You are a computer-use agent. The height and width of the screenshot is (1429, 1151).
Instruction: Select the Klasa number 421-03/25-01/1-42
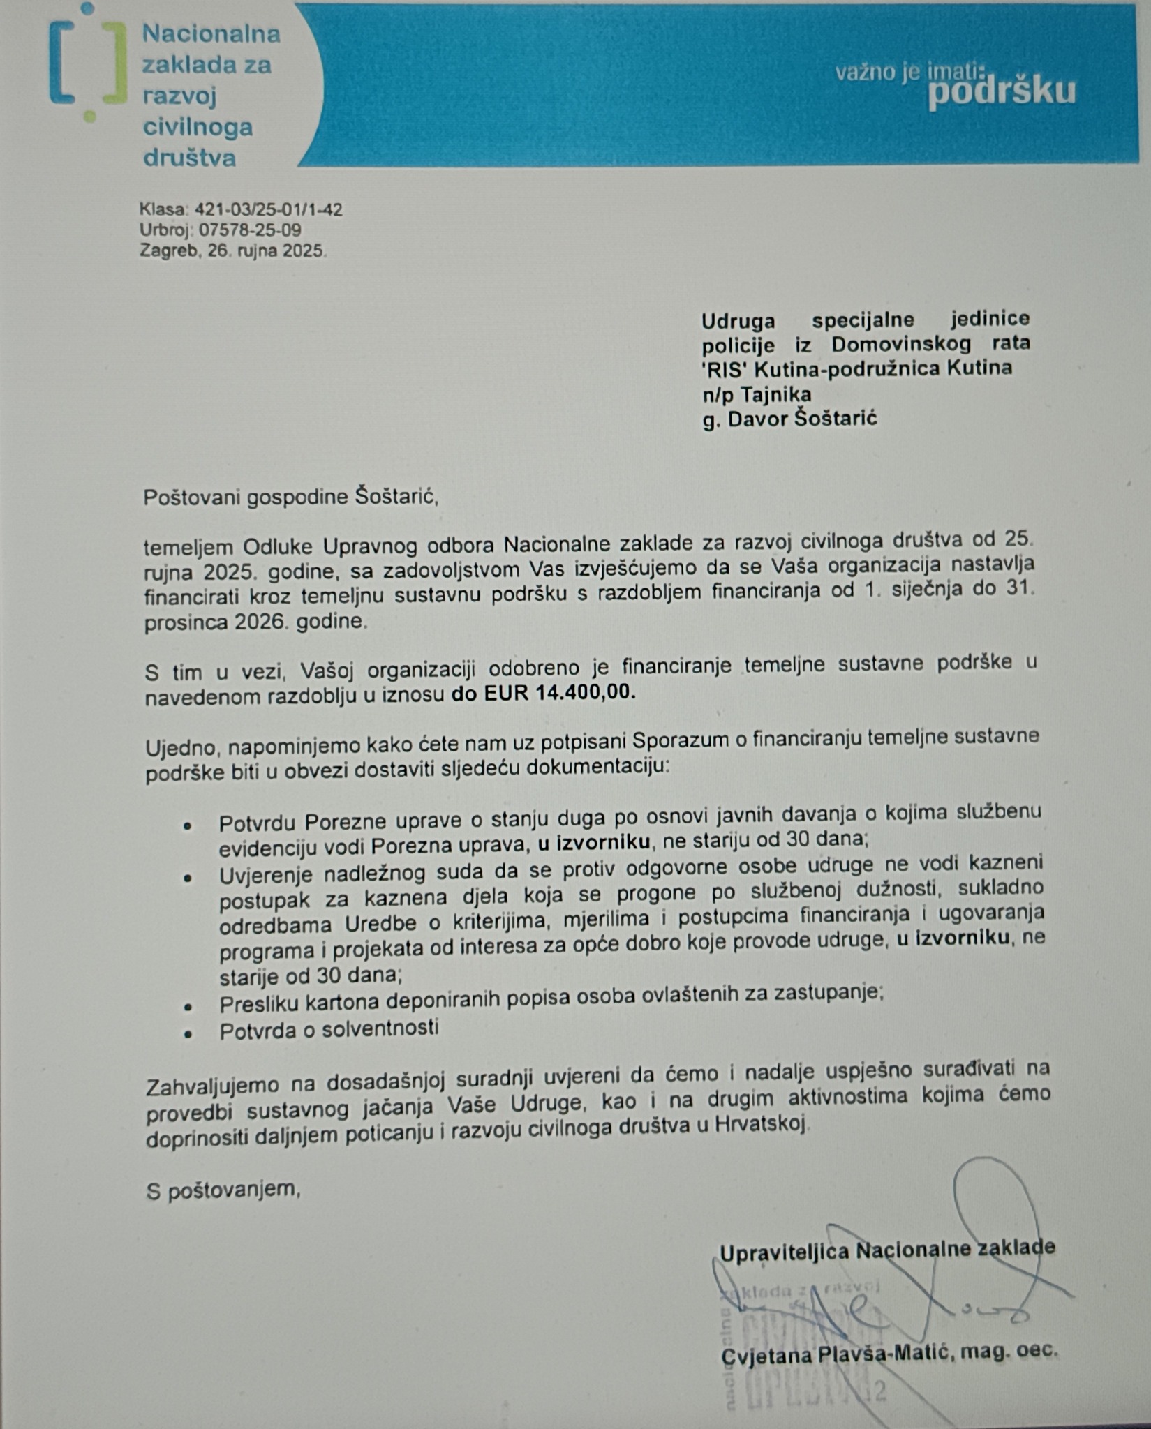click(268, 209)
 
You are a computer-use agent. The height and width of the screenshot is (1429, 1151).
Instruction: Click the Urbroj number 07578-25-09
click(251, 230)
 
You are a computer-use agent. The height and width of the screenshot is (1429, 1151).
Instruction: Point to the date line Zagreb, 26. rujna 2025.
click(233, 250)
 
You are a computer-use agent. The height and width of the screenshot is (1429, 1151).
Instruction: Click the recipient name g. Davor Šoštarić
click(789, 419)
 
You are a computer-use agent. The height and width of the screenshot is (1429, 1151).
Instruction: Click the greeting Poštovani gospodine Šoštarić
click(290, 497)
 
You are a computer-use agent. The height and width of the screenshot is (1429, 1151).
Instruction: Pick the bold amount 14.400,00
click(586, 692)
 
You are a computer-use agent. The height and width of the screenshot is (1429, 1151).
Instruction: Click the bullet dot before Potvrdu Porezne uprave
click(187, 825)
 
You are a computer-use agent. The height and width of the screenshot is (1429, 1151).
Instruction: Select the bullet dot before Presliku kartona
click(187, 1006)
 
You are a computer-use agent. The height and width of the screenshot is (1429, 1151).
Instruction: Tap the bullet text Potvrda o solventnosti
click(329, 1029)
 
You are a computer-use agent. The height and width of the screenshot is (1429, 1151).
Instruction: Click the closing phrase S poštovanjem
click(223, 1190)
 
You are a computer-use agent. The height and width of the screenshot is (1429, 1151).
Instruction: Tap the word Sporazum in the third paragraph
click(675, 740)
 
